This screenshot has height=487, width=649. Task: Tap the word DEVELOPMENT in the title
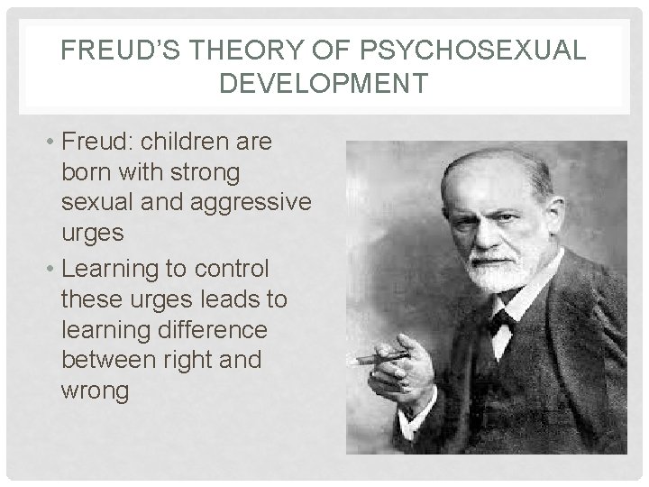pyautogui.click(x=324, y=84)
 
